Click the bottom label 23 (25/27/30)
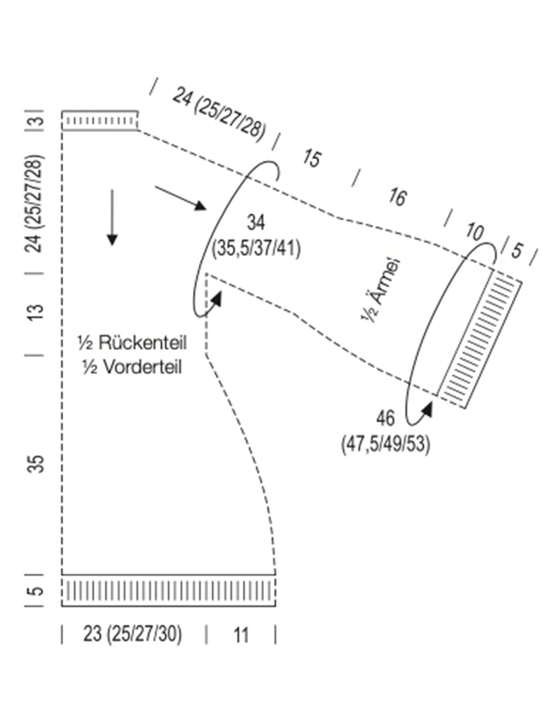(x=132, y=635)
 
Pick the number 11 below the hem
(x=241, y=635)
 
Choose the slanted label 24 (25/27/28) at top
(x=220, y=114)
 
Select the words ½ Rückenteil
(x=142, y=342)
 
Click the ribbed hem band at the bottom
(x=168, y=591)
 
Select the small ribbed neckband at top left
(x=99, y=120)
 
